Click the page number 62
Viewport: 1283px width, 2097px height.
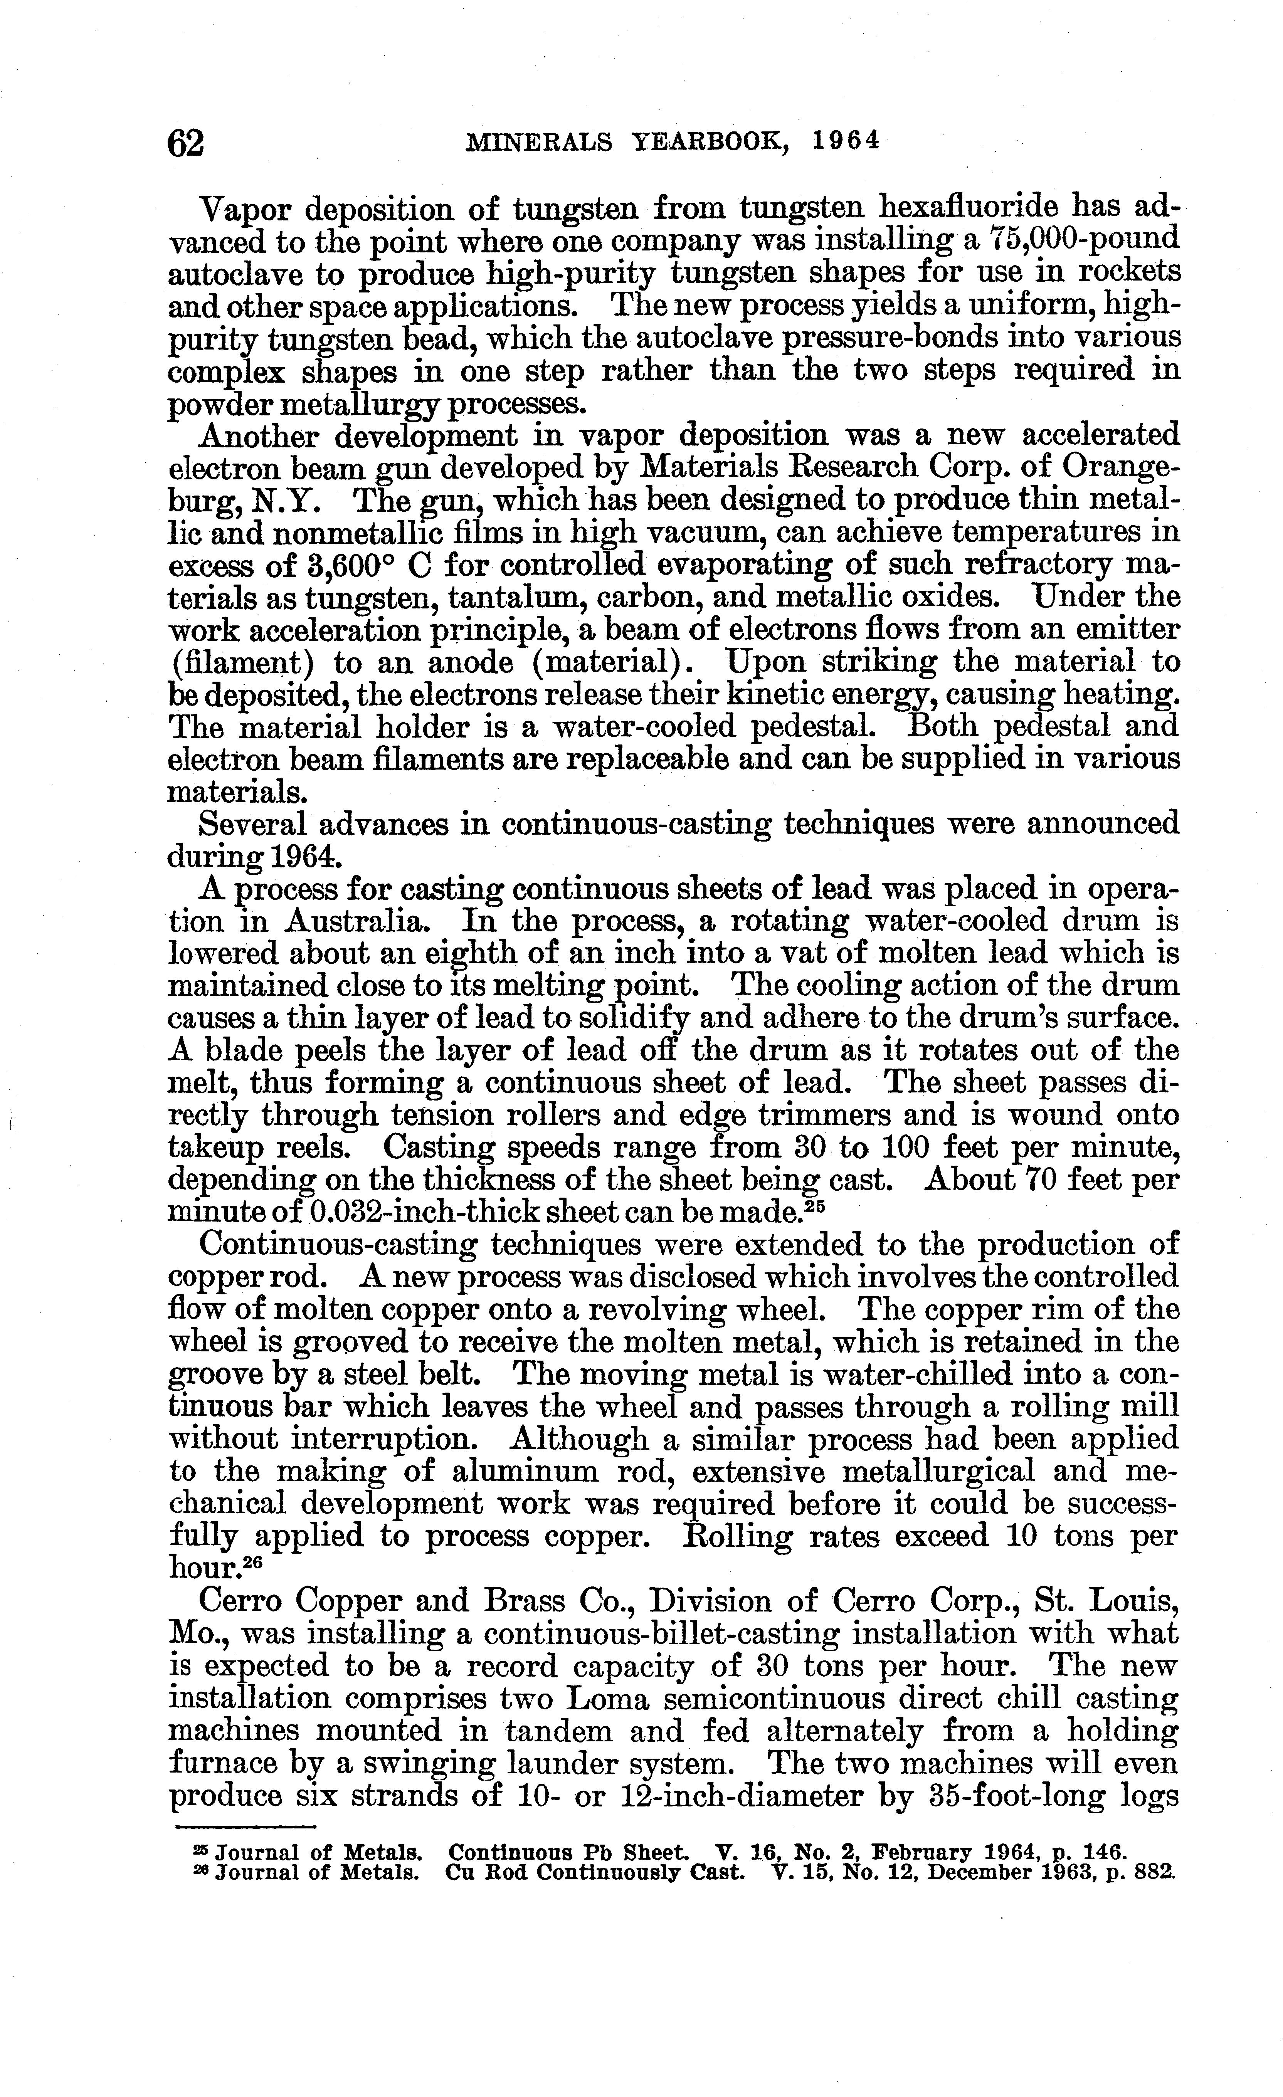click(x=186, y=142)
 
